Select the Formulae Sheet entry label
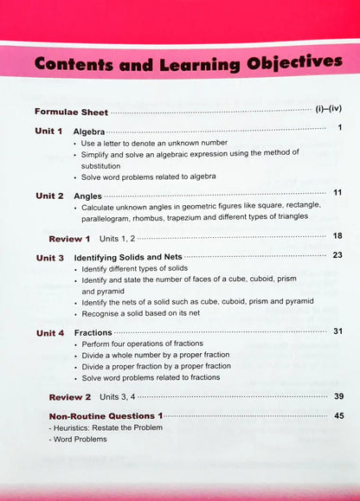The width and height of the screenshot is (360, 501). click(72, 112)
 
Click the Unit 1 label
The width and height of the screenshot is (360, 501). click(49, 132)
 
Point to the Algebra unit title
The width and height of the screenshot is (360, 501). click(90, 132)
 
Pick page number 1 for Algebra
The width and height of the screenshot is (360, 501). click(340, 129)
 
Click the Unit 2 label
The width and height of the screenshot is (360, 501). click(49, 196)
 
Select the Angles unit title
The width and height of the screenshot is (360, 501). click(88, 196)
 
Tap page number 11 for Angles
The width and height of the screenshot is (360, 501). click(337, 193)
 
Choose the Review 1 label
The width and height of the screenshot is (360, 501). click(69, 238)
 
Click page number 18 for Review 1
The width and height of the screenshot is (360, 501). click(337, 235)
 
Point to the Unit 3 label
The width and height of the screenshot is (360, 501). click(49, 258)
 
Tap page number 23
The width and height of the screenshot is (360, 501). click(337, 255)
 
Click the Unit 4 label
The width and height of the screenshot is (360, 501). click(49, 333)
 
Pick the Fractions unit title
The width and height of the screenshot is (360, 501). click(93, 333)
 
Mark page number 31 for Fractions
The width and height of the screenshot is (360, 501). click(337, 331)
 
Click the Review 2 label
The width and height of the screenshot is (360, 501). click(69, 397)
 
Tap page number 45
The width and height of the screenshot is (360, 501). click(337, 415)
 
